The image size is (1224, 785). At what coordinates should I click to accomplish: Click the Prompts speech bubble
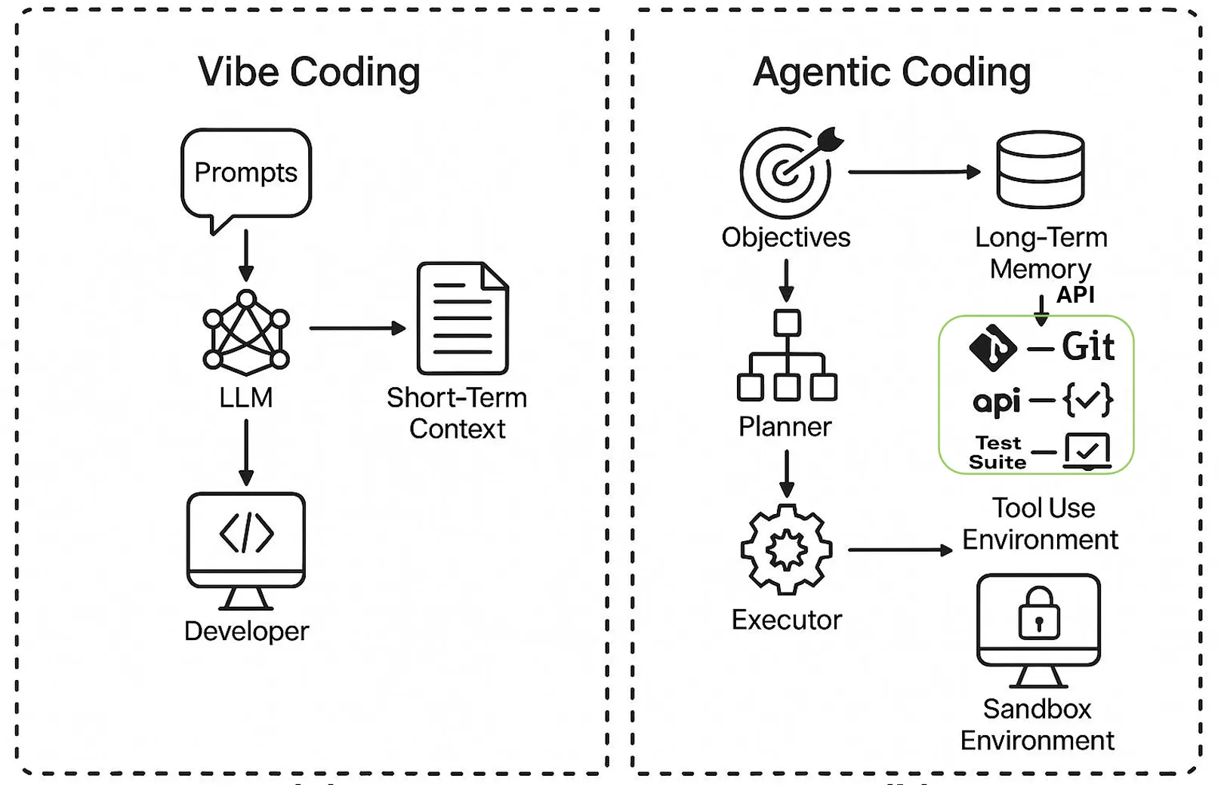pyautogui.click(x=246, y=174)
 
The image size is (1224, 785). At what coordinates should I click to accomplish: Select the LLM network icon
pyautogui.click(x=246, y=332)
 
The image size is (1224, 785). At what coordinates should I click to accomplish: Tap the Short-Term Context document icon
pyautogui.click(x=462, y=318)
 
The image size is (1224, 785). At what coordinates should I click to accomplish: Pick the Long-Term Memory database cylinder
pyautogui.click(x=1041, y=169)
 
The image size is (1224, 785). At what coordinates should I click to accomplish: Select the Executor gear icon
pyautogui.click(x=787, y=549)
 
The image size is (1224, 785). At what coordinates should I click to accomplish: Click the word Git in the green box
pyautogui.click(x=1088, y=347)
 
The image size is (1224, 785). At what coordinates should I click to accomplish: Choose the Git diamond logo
pyautogui.click(x=993, y=348)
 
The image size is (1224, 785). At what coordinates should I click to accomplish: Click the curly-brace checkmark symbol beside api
pyautogui.click(x=1088, y=400)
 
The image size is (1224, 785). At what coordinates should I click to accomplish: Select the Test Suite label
pyautogui.click(x=997, y=453)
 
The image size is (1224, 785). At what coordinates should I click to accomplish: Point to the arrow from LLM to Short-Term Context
pyautogui.click(x=357, y=328)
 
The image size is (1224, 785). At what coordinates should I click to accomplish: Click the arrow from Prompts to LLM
pyautogui.click(x=246, y=255)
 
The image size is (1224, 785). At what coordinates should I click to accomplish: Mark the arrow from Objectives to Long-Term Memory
pyautogui.click(x=914, y=172)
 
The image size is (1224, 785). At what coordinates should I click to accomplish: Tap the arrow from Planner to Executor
pyautogui.click(x=787, y=474)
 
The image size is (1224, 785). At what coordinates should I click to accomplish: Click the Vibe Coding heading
pyautogui.click(x=309, y=72)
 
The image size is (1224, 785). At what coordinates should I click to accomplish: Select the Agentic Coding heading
pyautogui.click(x=892, y=72)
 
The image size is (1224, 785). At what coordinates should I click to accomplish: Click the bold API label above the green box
pyautogui.click(x=1075, y=294)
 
